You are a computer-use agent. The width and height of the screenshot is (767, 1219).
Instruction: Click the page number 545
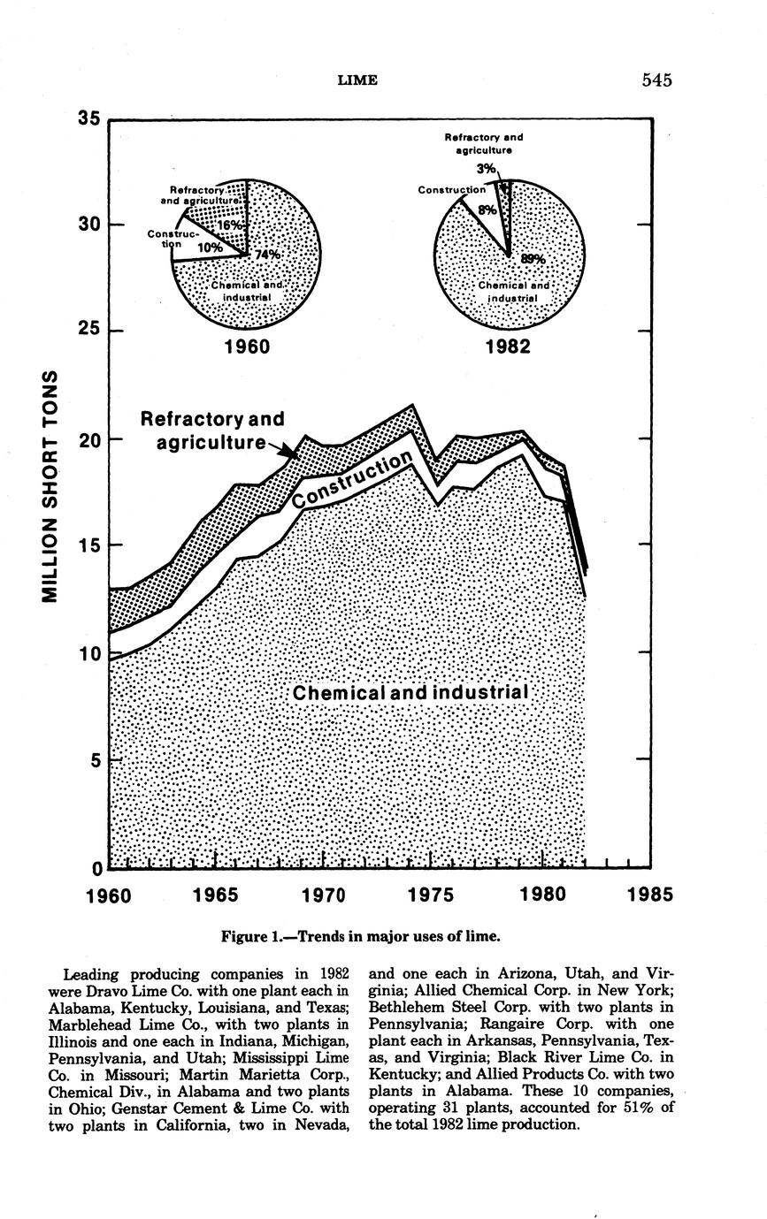point(657,80)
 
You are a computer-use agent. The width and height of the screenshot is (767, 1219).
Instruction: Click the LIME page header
point(358,80)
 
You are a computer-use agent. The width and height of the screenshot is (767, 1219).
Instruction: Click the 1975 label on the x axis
point(431,895)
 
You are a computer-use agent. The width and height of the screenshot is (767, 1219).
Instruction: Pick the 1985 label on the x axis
point(650,895)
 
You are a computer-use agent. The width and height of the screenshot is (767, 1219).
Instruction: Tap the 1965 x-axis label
point(217,895)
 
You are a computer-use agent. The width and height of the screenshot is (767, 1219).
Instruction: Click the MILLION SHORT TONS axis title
point(52,487)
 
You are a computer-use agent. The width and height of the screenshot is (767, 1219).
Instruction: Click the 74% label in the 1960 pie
point(266,255)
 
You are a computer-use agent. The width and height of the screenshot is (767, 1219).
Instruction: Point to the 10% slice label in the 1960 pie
point(210,248)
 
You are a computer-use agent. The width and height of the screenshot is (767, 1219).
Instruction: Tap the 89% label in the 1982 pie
point(533,259)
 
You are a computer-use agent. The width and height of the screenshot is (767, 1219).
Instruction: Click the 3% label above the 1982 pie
point(486,169)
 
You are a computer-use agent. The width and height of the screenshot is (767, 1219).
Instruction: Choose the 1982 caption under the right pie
point(508,347)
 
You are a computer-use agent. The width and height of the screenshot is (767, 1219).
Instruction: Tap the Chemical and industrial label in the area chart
point(410,693)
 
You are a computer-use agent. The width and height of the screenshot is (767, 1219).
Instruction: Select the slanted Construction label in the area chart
point(353,480)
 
